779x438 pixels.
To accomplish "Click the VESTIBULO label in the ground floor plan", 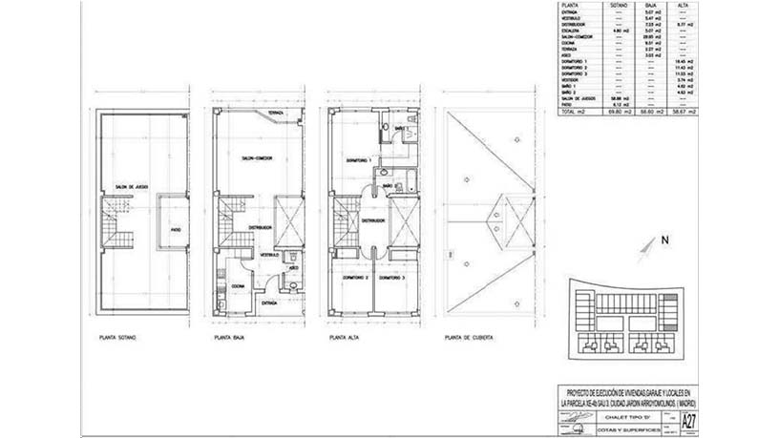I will (x=269, y=255).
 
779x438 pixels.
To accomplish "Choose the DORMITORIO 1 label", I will (x=359, y=159).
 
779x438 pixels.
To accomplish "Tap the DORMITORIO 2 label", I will (x=355, y=277).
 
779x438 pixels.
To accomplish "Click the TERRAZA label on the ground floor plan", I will (x=275, y=114).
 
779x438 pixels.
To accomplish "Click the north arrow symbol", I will (x=650, y=246).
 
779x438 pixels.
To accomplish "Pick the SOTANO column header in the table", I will (x=617, y=5).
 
